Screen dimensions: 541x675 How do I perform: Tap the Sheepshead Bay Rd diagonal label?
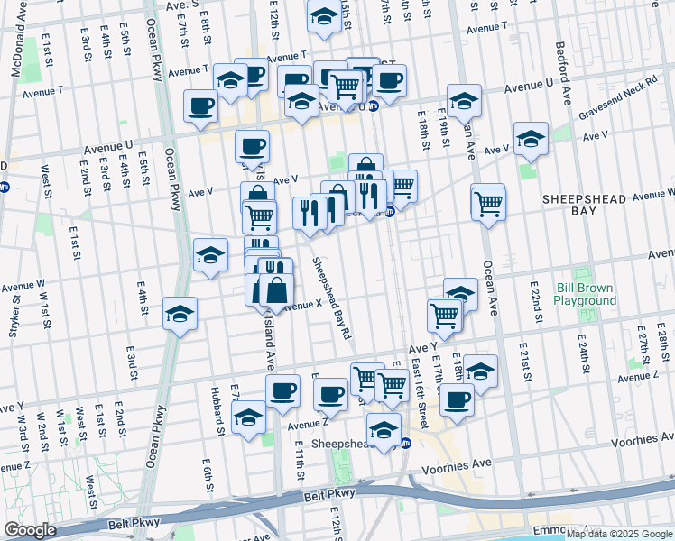click(x=332, y=298)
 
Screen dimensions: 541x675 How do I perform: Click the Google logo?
click(x=31, y=530)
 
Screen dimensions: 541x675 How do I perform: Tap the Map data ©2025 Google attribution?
click(x=619, y=535)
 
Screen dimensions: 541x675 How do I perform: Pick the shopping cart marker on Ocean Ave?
click(x=488, y=202)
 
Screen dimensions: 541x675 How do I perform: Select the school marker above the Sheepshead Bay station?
click(x=384, y=429)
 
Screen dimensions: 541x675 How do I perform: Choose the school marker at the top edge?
click(x=323, y=17)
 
